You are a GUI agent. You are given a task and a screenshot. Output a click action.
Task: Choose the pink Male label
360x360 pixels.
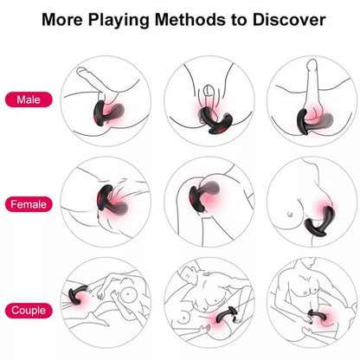pyautogui.click(x=29, y=100)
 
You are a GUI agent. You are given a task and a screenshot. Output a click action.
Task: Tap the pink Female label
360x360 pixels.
pyautogui.click(x=29, y=205)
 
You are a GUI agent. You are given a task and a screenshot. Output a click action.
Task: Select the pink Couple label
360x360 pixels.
pyautogui.click(x=29, y=310)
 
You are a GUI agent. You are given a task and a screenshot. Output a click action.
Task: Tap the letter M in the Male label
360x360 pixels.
pyautogui.click(x=18, y=100)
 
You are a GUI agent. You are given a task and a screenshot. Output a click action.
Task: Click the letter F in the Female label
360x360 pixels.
pyautogui.click(x=12, y=205)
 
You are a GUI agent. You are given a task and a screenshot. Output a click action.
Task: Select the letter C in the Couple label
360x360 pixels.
pyautogui.click(x=14, y=310)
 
